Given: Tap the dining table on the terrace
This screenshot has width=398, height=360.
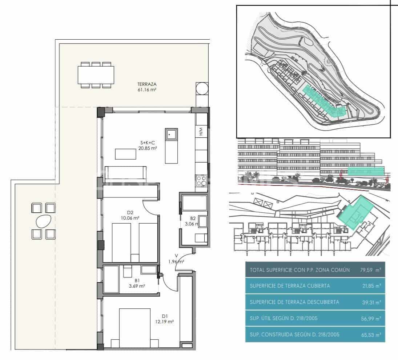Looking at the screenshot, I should [x=96, y=75].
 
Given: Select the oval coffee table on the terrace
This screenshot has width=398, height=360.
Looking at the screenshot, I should [x=44, y=221].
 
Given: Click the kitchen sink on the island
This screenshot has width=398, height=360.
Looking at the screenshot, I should [x=171, y=135].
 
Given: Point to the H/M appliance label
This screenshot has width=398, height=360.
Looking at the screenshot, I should [x=200, y=132].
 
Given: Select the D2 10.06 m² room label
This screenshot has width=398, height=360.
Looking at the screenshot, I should [x=130, y=216].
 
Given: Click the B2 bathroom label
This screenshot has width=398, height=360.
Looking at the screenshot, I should [x=193, y=221].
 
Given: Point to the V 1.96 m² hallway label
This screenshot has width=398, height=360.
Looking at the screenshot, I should [x=176, y=259].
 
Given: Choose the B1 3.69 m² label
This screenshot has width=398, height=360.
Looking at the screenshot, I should [x=137, y=283].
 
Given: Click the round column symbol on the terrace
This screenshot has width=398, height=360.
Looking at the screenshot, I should [x=202, y=88].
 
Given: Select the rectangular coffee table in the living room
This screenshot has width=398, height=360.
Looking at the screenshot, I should [x=126, y=154].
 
